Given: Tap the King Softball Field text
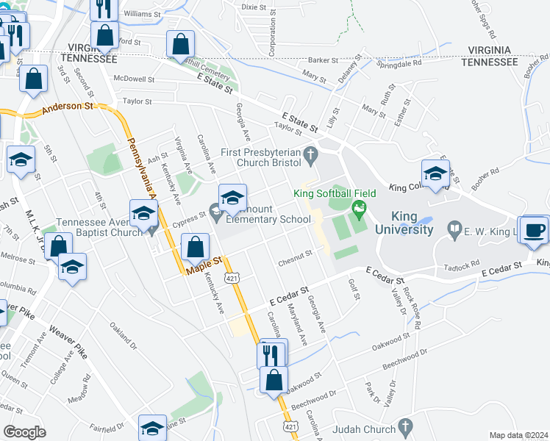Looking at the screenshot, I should coord(335,193).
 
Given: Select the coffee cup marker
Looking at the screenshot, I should coord(535,229).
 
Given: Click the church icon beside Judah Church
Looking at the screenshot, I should coord(404,427).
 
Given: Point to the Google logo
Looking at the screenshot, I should coord(24,431).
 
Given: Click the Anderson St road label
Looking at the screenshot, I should coord(69,107).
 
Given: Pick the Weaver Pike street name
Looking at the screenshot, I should coord(68,343).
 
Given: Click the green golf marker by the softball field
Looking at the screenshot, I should coord(359,209).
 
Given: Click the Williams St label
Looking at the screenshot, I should coord(142,13).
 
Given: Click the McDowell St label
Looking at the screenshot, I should coord(133,79).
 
